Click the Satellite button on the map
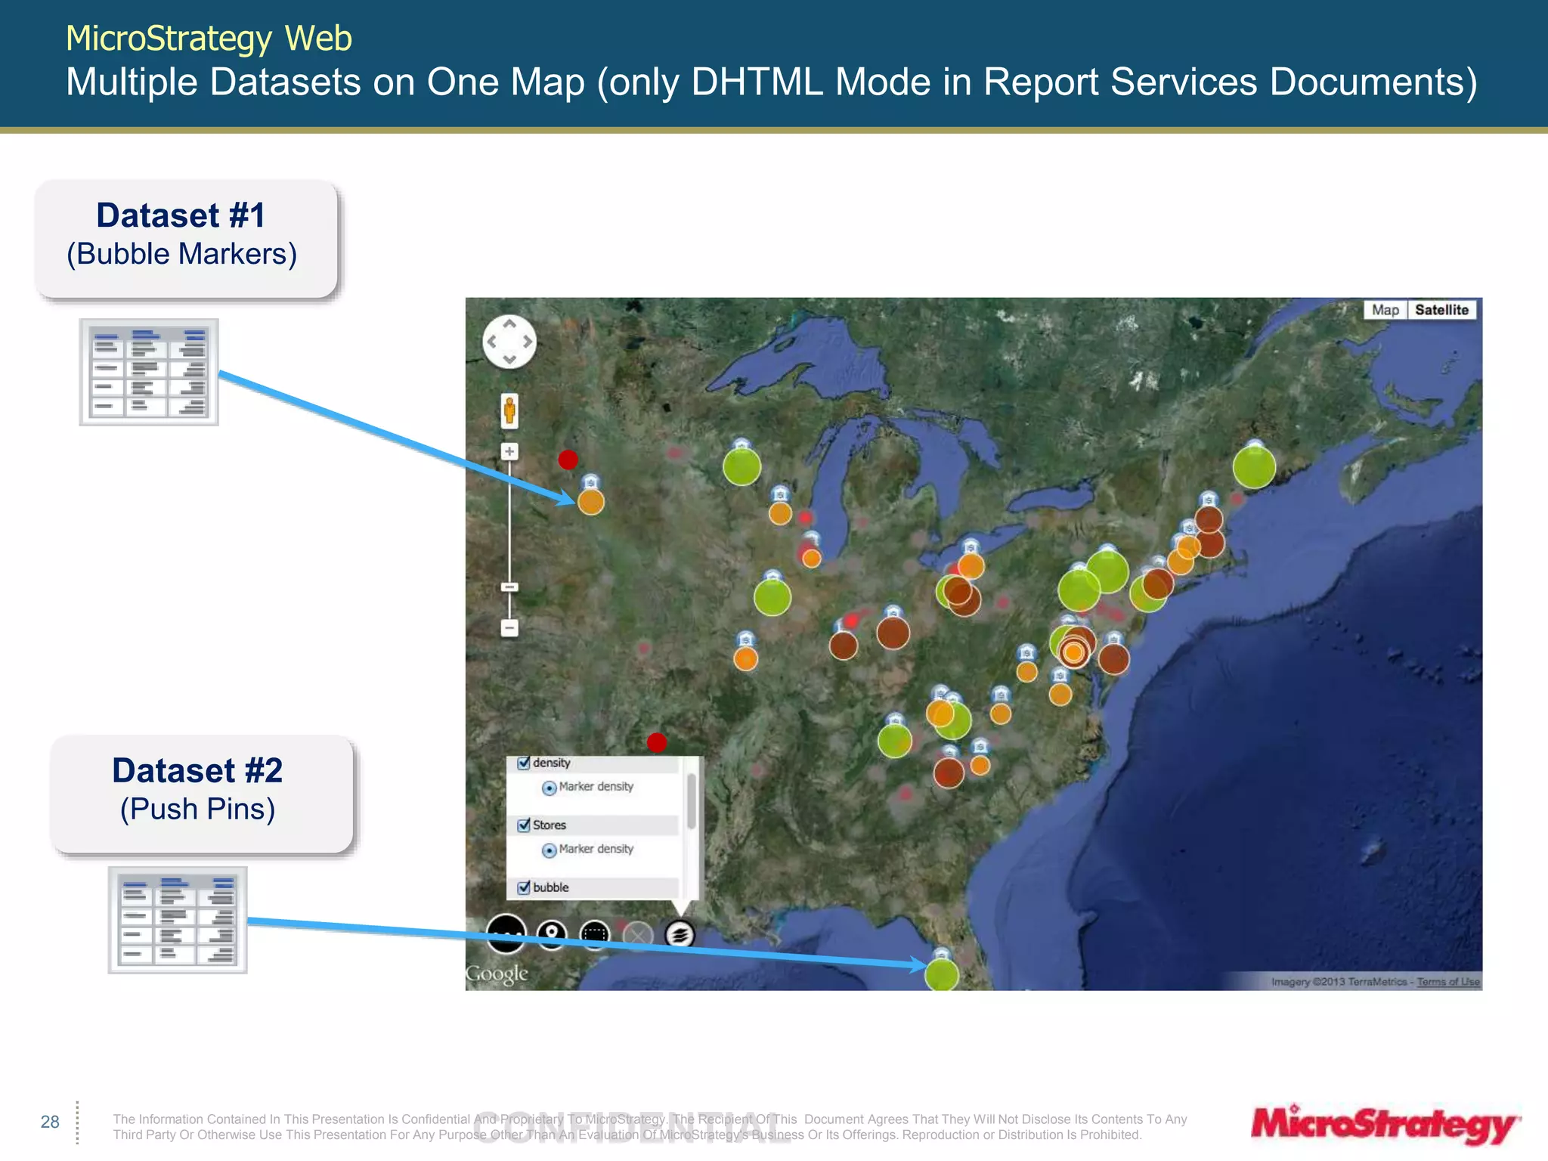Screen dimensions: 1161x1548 pos(1441,310)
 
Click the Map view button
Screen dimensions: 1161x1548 pos(1385,310)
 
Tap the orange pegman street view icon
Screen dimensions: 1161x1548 pos(509,410)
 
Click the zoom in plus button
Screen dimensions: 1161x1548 pos(509,451)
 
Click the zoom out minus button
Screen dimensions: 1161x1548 pos(509,627)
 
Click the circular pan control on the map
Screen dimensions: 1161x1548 pos(509,342)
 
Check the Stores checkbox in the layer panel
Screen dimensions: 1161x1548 pos(524,825)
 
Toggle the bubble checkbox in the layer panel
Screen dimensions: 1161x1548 pos(524,887)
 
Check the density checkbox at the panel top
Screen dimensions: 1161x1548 pos(524,763)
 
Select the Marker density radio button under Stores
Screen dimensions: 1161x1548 pos(550,850)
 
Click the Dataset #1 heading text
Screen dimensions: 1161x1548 pos(181,215)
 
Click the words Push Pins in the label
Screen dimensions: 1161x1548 pos(198,809)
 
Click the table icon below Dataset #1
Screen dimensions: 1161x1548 pos(149,372)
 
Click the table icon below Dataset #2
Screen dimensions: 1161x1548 pos(178,920)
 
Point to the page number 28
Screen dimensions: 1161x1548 pos(50,1122)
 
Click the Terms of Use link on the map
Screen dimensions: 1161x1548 pos(1448,982)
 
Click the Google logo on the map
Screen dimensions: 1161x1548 pos(497,974)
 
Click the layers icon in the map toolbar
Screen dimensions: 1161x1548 pos(679,934)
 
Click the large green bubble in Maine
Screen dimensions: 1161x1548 pos(1254,467)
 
